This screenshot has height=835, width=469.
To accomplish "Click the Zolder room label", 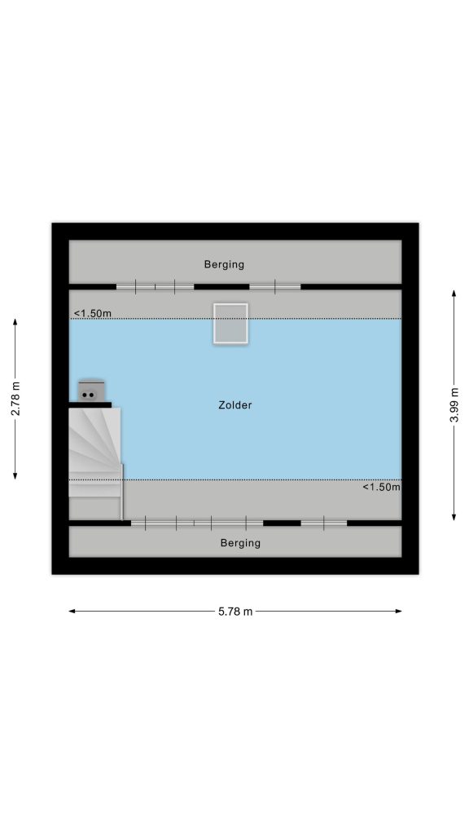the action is pyautogui.click(x=235, y=405).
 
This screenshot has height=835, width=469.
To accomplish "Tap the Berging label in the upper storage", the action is pyautogui.click(x=224, y=264).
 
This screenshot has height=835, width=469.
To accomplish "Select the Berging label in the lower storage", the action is pyautogui.click(x=240, y=543).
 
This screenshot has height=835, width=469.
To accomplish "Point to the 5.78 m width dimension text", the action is pyautogui.click(x=235, y=612).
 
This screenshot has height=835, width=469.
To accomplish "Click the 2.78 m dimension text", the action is pyautogui.click(x=15, y=399).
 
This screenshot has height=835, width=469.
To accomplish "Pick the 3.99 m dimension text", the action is pyautogui.click(x=454, y=405).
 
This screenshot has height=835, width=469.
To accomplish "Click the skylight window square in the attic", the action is pyautogui.click(x=230, y=323).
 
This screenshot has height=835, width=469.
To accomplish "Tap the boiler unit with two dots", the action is pyautogui.click(x=91, y=391).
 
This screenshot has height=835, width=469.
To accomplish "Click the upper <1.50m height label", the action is pyautogui.click(x=93, y=313).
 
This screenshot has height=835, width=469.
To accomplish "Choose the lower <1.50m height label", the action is pyautogui.click(x=381, y=487).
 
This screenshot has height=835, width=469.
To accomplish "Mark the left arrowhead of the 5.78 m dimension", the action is pyautogui.click(x=72, y=612).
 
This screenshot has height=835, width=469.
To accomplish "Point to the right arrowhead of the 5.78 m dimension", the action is pyautogui.click(x=399, y=612).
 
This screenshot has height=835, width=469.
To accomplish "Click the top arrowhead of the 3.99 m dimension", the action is pyautogui.click(x=454, y=294).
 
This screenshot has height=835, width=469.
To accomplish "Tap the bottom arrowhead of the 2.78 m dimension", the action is pyautogui.click(x=15, y=475).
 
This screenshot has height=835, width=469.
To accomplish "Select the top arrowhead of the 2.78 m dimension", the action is pyautogui.click(x=15, y=322).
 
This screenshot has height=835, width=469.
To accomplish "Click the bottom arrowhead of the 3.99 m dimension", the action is pyautogui.click(x=454, y=516).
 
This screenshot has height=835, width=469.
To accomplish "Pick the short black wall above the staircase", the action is pyautogui.click(x=90, y=404).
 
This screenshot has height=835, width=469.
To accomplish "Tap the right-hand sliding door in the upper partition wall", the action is pyautogui.click(x=275, y=286).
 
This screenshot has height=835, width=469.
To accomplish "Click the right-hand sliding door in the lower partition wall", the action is pyautogui.click(x=324, y=524).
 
